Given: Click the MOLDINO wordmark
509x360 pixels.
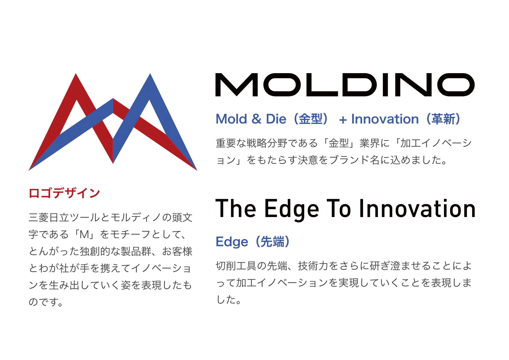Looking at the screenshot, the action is coord(345,85).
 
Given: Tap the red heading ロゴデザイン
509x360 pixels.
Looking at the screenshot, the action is coord(64,193).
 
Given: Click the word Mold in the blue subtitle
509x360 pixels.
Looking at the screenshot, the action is coord(231,119).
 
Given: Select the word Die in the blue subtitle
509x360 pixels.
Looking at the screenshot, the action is coord(276,119).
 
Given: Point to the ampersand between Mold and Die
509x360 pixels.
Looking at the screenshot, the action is coord(256,119).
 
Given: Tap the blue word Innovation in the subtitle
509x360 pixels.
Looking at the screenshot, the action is coord(385,119).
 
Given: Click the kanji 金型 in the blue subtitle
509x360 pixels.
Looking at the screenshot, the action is coord(310,119).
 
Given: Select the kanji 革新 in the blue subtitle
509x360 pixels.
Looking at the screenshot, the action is coord(443,119).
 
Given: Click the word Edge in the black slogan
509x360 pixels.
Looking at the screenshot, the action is coord(292,209).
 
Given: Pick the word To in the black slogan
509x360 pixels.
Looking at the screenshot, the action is coord(339,208).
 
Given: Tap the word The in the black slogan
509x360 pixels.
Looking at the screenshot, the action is coord(236,208).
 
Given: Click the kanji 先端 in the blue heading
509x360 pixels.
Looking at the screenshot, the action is coord(272,242).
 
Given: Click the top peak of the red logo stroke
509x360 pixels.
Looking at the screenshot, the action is coord(76,74).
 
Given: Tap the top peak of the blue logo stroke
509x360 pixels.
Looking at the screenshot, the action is coord(150,74).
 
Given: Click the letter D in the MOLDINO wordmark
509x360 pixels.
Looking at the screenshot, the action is coord(359,85).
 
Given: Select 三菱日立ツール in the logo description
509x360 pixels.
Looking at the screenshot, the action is coord(64,218).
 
